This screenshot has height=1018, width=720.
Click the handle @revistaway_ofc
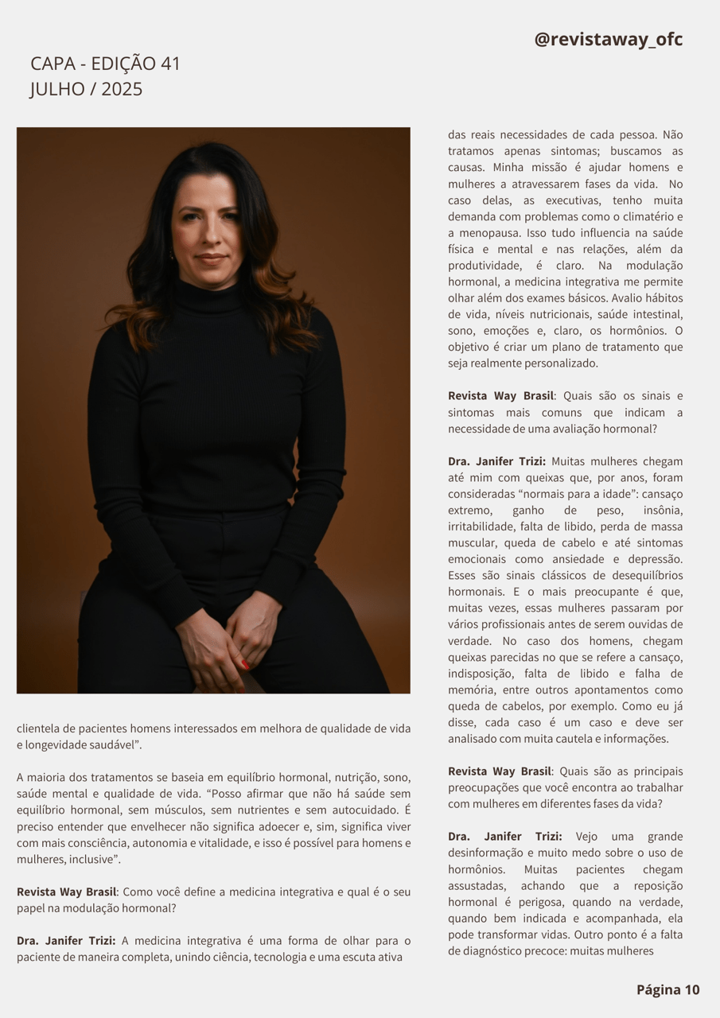point(609,39)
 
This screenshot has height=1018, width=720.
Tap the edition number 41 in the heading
point(170,64)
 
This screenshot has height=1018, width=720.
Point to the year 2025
point(122,89)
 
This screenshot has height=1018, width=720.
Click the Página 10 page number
point(667,989)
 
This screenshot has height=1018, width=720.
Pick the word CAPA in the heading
point(53,64)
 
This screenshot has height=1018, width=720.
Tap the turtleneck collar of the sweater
point(208,296)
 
